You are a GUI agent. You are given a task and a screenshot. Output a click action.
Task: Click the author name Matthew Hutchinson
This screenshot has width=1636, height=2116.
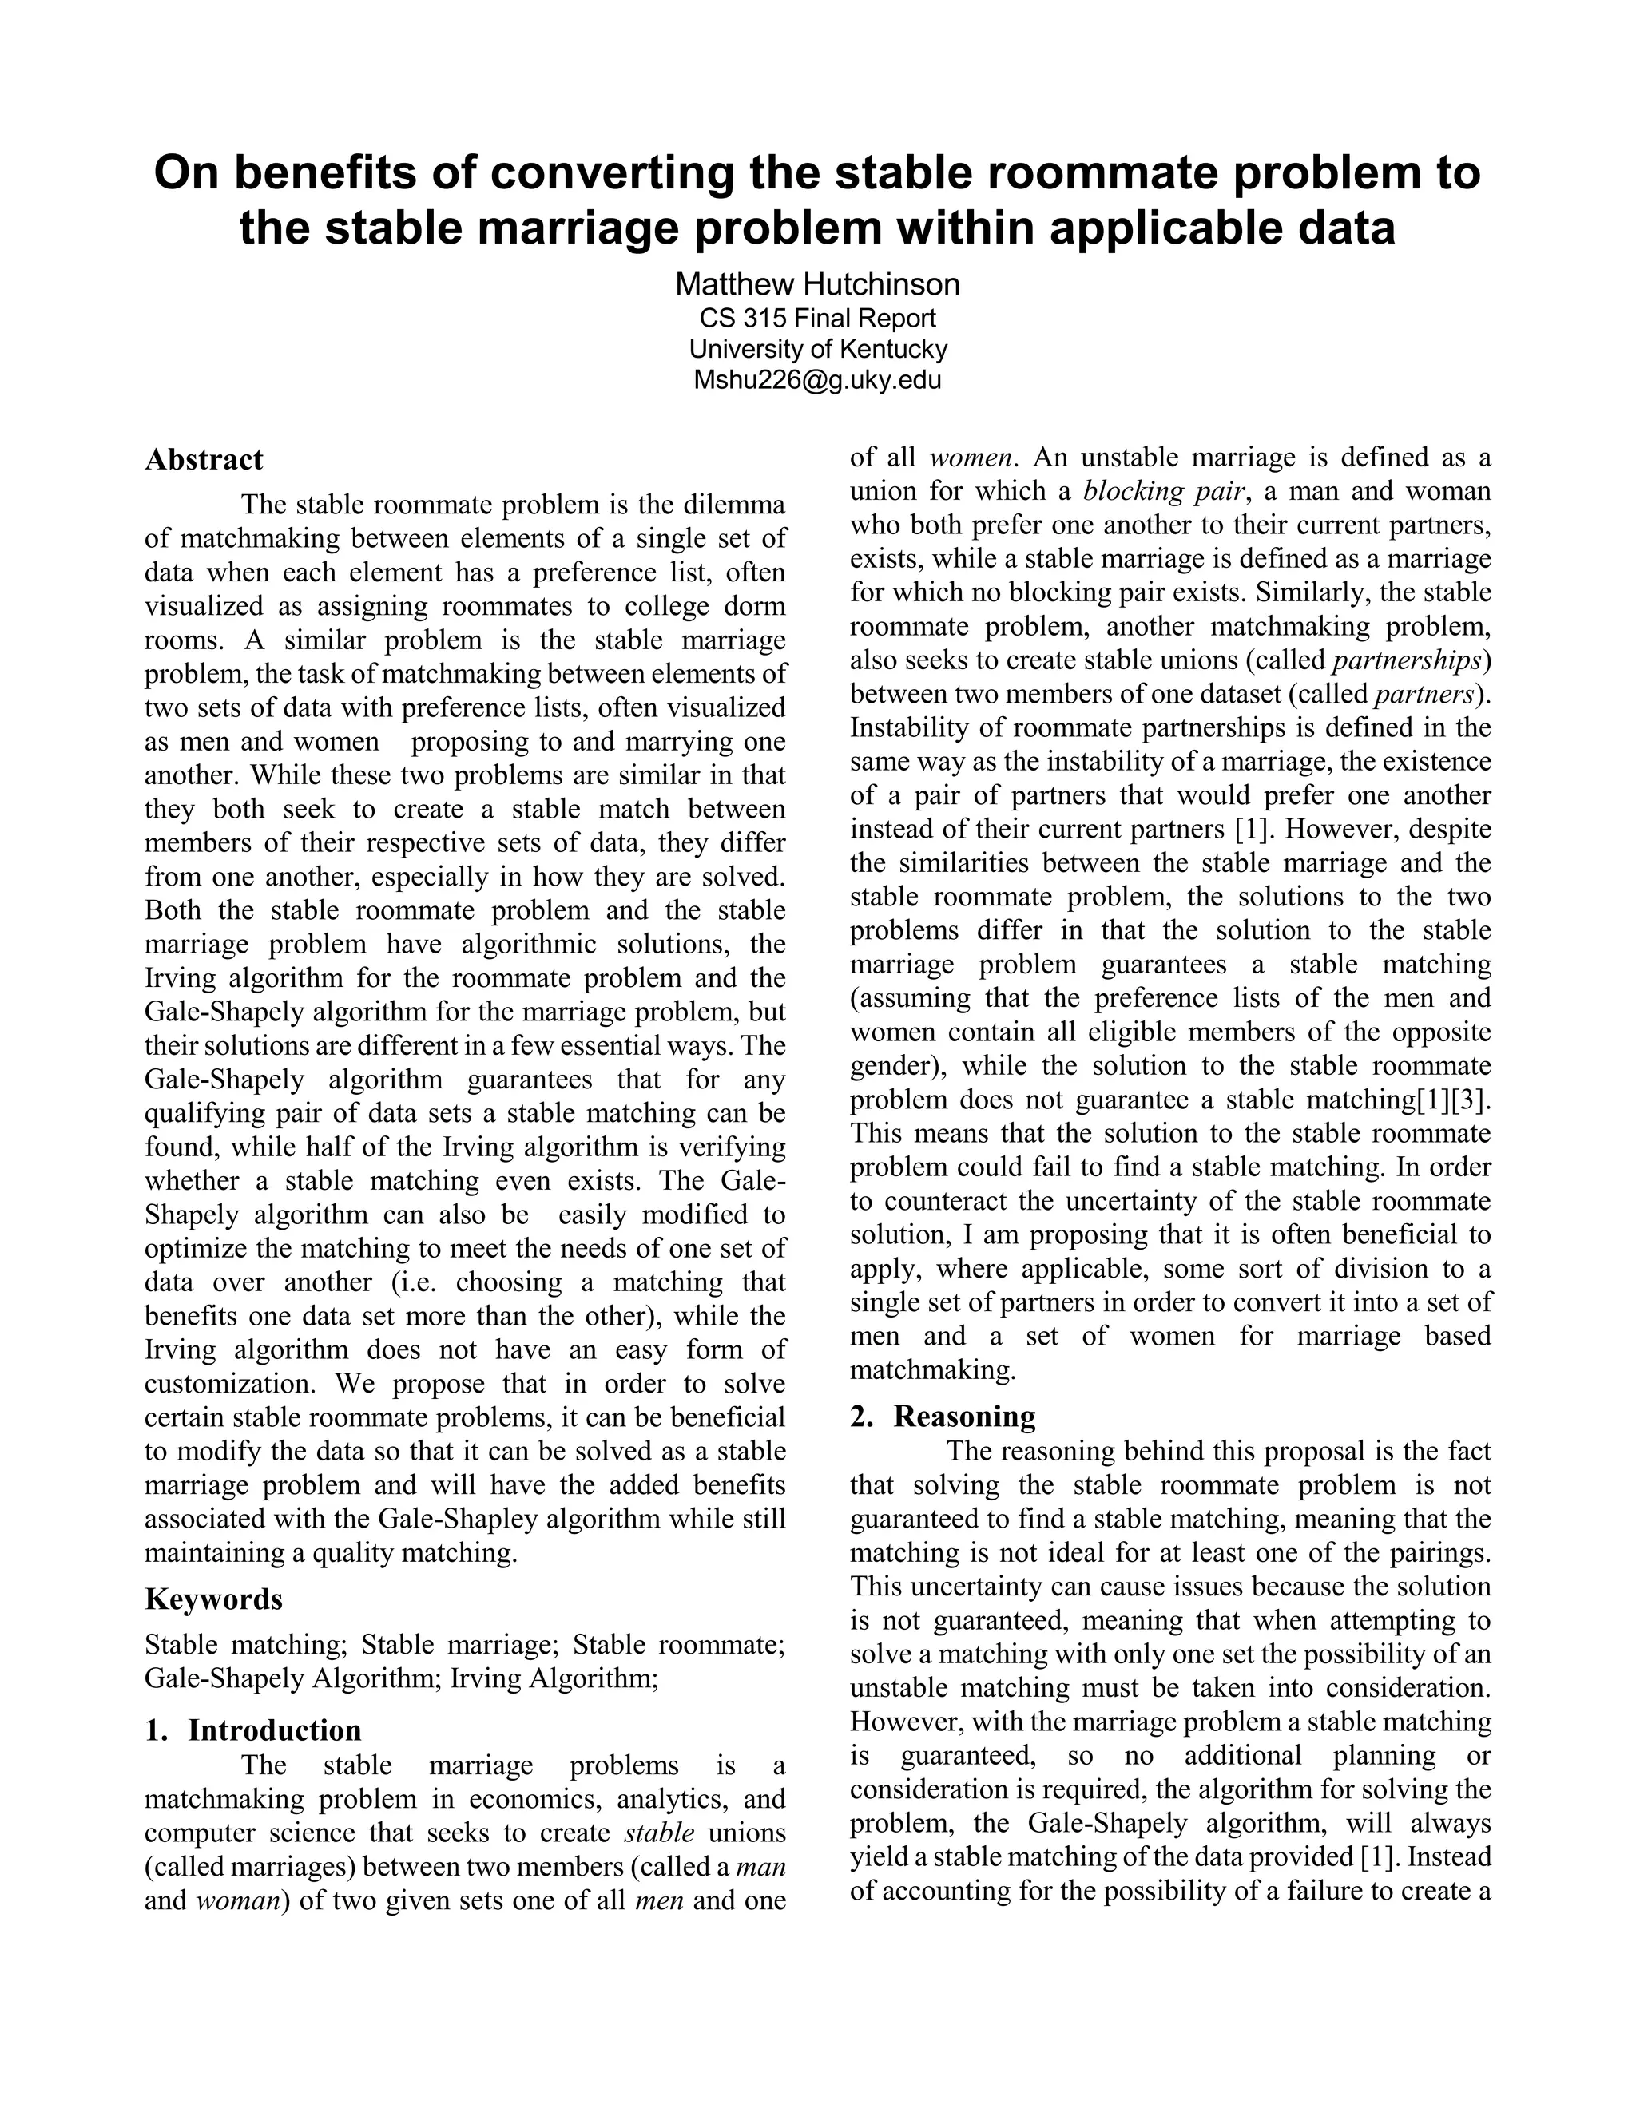(817, 284)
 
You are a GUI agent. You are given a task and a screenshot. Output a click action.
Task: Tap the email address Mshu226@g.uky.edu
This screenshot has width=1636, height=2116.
(817, 380)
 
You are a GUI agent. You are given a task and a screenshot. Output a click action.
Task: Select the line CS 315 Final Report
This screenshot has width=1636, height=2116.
(817, 318)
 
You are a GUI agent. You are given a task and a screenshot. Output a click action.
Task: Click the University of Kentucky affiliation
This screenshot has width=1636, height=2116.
(817, 349)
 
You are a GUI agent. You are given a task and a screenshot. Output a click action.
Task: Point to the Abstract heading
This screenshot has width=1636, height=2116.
(204, 459)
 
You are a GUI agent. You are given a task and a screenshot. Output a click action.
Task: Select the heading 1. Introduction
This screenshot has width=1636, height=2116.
(253, 1730)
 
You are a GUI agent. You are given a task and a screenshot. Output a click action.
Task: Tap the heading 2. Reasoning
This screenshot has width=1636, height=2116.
(943, 1417)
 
